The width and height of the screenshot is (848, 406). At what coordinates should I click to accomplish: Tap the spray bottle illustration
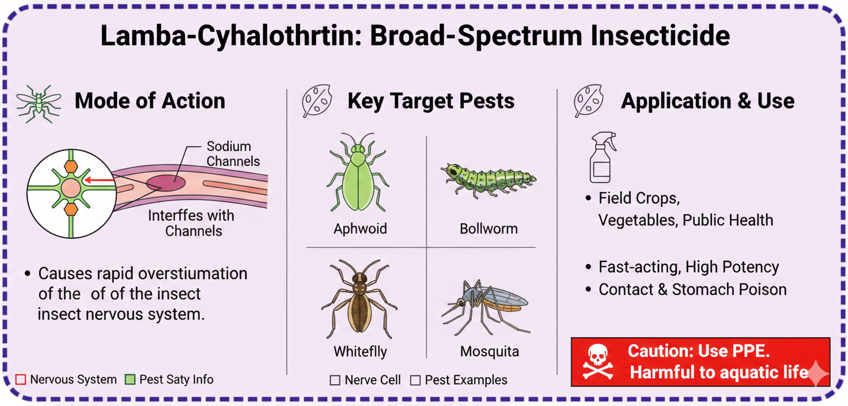point(603,157)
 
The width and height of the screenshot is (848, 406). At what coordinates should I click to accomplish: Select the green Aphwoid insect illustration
point(357,172)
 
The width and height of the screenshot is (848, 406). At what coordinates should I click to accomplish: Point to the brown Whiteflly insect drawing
point(359,299)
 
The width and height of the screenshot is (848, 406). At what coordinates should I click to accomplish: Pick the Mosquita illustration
point(486,307)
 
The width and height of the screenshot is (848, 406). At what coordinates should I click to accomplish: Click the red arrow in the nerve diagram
point(99,180)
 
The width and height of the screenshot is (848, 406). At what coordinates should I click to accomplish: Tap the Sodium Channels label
point(233,153)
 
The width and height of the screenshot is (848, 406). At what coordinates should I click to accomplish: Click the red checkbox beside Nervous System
point(21,379)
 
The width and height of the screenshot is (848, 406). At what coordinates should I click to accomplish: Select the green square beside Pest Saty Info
point(130,379)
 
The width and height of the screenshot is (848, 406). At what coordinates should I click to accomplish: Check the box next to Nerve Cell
point(335,380)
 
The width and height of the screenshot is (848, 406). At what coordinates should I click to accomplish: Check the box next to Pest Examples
point(415,380)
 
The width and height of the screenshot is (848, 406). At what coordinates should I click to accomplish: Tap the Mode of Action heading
point(150,101)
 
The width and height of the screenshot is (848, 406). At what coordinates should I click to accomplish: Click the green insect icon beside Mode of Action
point(38,103)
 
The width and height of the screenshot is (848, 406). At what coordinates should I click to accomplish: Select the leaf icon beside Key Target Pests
point(317,100)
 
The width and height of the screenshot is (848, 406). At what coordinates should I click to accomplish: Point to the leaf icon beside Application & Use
point(588,100)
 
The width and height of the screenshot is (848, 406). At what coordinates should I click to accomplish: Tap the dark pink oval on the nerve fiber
point(166,183)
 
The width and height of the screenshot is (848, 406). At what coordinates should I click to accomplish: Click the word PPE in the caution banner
point(751,351)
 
